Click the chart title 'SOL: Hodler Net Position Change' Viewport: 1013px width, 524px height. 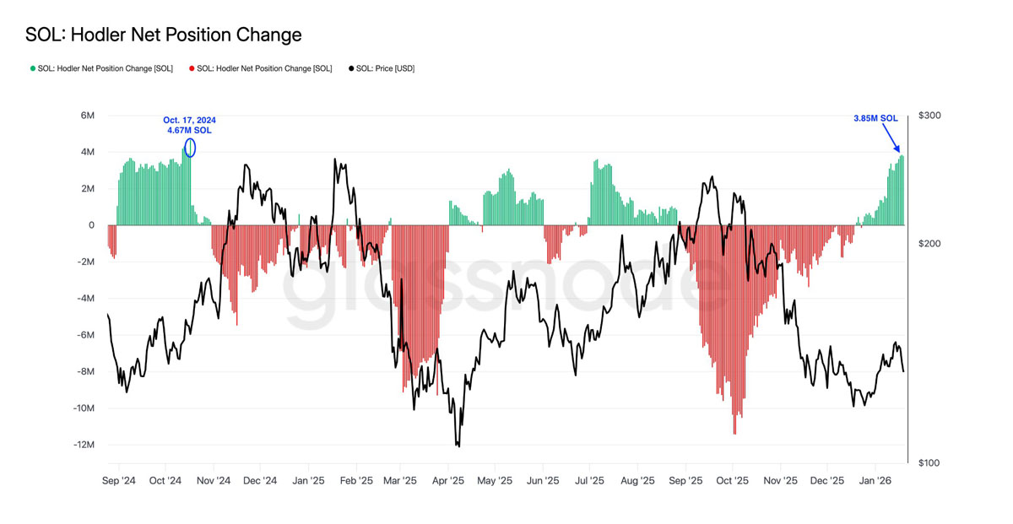(163, 35)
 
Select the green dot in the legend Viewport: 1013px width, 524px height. (33, 68)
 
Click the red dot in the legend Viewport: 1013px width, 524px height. (192, 68)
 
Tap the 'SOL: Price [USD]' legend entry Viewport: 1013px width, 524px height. (385, 68)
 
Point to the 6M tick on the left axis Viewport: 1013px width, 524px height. (87, 116)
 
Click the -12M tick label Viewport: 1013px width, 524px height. (83, 445)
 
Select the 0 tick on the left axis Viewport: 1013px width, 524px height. (90, 225)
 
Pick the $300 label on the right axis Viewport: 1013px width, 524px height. (930, 116)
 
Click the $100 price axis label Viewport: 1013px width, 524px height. (930, 463)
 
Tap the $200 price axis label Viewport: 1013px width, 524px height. (930, 244)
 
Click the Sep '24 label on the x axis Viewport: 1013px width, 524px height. (119, 481)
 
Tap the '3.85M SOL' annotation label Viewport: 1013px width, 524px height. (875, 119)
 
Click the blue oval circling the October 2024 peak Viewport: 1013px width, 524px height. (190, 148)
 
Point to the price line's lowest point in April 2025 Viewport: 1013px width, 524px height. (458, 445)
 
